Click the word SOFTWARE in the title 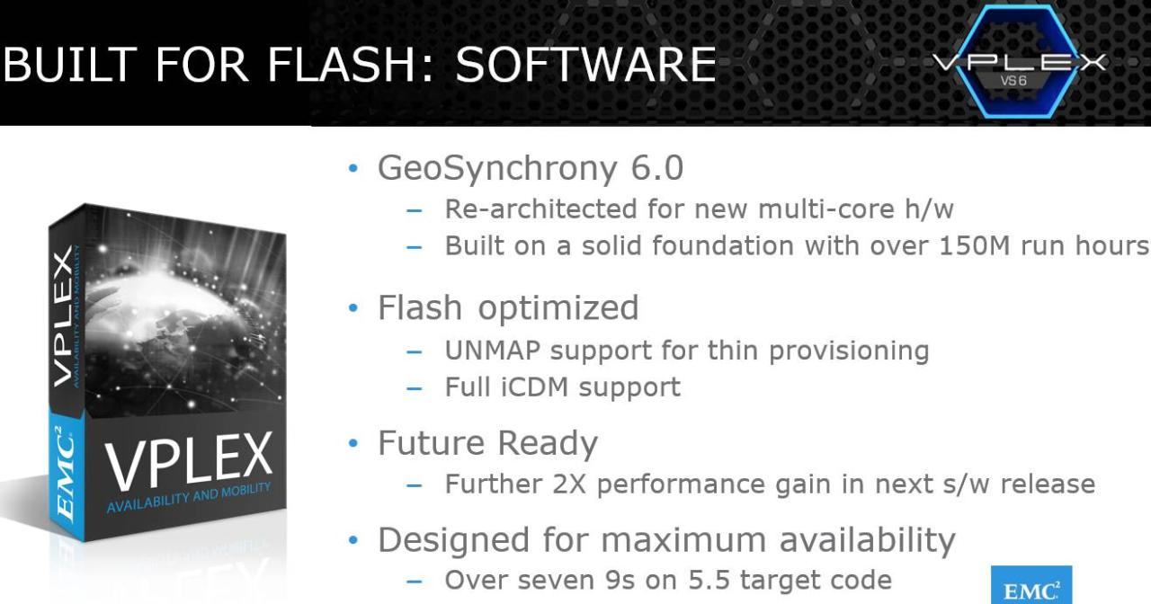point(585,64)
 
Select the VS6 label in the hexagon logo point(1013,81)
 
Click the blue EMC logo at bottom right point(1031,585)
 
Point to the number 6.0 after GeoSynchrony point(657,167)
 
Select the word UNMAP point(492,351)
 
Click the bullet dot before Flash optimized point(353,307)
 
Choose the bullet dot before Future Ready point(353,443)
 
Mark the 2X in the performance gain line point(569,484)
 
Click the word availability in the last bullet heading point(868,540)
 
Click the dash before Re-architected point(415,210)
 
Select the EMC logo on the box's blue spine point(66,474)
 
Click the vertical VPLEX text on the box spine point(63,316)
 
